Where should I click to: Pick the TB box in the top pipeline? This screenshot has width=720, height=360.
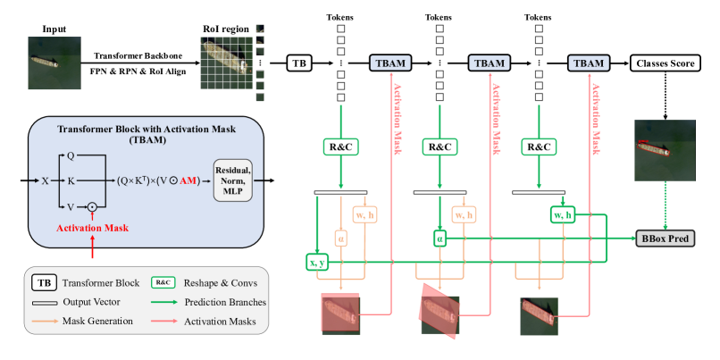[299, 63]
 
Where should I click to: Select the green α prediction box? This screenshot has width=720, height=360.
[439, 239]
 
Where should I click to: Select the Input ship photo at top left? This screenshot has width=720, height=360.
[47, 60]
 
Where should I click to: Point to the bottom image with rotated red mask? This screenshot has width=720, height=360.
[439, 314]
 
